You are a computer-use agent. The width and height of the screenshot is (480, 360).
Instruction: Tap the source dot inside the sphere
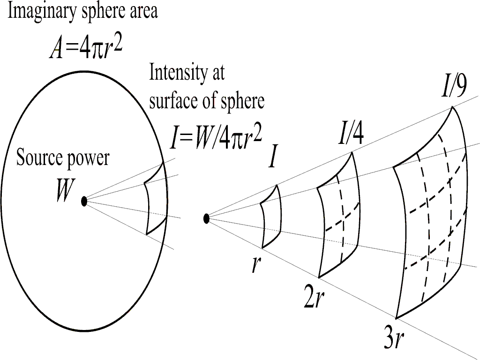coord(84,201)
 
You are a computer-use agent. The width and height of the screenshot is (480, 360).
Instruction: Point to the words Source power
coord(62,158)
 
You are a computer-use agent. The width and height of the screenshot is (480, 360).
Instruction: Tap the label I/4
coord(351,135)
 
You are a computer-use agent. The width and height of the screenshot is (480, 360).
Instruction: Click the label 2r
coord(314,300)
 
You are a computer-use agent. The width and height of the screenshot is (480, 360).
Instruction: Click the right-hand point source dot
coord(206,218)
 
